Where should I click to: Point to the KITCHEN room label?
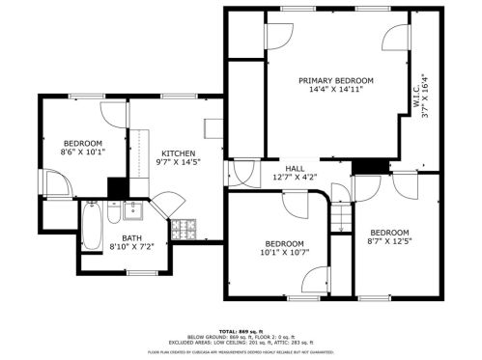(x=178, y=153)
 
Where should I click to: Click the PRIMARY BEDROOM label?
(x=335, y=80)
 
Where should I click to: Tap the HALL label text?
(x=295, y=168)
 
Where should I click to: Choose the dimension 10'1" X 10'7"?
(x=284, y=252)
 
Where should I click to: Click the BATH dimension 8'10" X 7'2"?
(x=131, y=246)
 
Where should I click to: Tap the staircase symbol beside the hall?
(x=339, y=215)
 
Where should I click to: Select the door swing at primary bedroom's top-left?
(x=277, y=35)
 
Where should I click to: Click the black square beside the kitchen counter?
(x=118, y=186)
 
